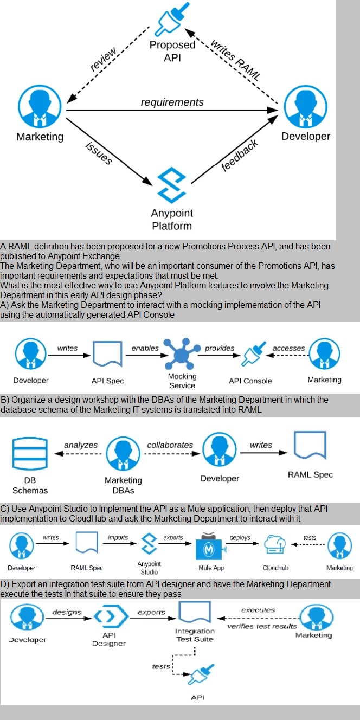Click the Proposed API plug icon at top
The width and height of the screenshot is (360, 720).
pos(171,20)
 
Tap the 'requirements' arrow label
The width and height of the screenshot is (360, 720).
pos(172,102)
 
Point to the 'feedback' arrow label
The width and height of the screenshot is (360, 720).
pos(239,156)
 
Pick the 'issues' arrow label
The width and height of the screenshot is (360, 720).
pos(99,153)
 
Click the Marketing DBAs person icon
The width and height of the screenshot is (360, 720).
pos(123,454)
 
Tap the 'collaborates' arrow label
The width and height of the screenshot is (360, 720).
pos(170,445)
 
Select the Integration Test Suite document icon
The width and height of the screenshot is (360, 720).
pos(194,614)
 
